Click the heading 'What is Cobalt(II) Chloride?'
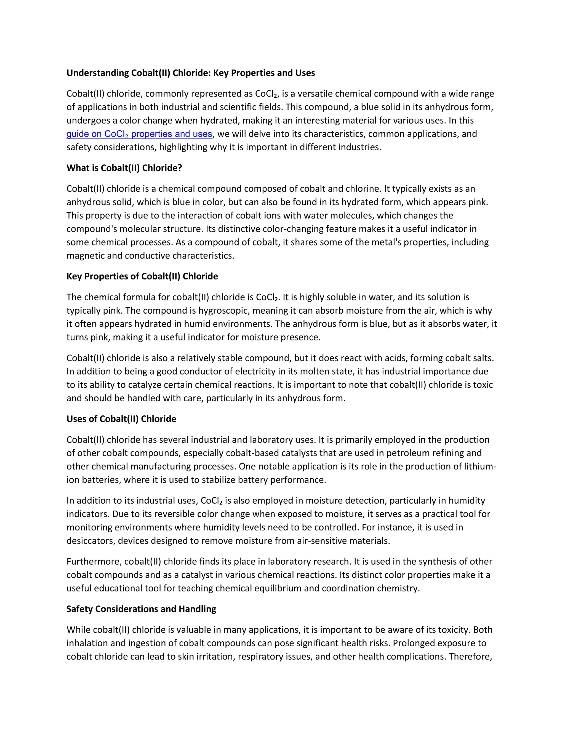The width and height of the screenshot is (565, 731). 124,168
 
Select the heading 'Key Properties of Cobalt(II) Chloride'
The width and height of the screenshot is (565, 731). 142,276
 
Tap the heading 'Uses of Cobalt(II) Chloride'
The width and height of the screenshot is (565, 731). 121,419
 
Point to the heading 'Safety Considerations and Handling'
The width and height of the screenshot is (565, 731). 141,609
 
